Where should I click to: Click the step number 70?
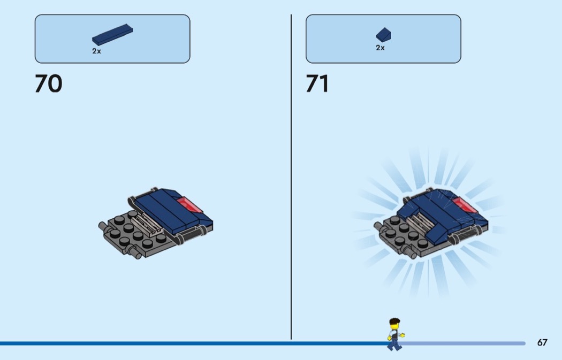[x=48, y=83]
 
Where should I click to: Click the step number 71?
[x=317, y=83]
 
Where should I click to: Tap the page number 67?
[x=542, y=342]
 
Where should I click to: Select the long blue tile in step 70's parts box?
[x=112, y=34]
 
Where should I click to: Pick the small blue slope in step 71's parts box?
[x=384, y=35]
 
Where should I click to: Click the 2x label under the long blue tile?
[x=96, y=51]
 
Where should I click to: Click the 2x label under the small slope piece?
[x=380, y=48]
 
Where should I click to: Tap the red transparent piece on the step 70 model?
[x=189, y=205]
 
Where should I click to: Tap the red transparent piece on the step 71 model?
[x=465, y=205]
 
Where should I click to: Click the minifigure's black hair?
[x=394, y=321]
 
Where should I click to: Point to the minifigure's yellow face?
[x=394, y=327]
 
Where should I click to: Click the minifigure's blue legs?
[x=394, y=344]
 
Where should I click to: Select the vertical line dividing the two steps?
[x=291, y=177]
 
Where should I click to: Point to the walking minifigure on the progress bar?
[x=394, y=334]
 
